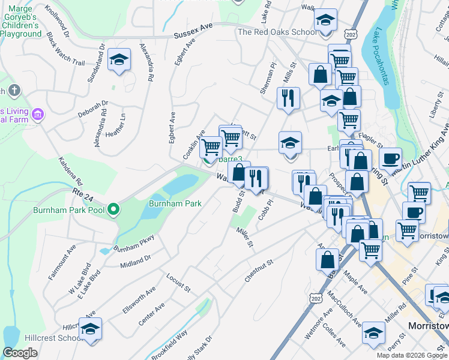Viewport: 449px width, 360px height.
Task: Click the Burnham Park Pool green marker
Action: [x=113, y=209]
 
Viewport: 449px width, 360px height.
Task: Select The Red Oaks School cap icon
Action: [x=325, y=22]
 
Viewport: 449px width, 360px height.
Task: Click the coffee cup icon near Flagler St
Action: [x=390, y=158]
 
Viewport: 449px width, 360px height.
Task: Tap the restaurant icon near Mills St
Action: [x=289, y=97]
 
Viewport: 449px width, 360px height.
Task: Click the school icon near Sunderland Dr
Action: [x=119, y=59]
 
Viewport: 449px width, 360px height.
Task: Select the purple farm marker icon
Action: [x=38, y=113]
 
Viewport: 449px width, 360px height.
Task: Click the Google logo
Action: [x=20, y=353]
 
